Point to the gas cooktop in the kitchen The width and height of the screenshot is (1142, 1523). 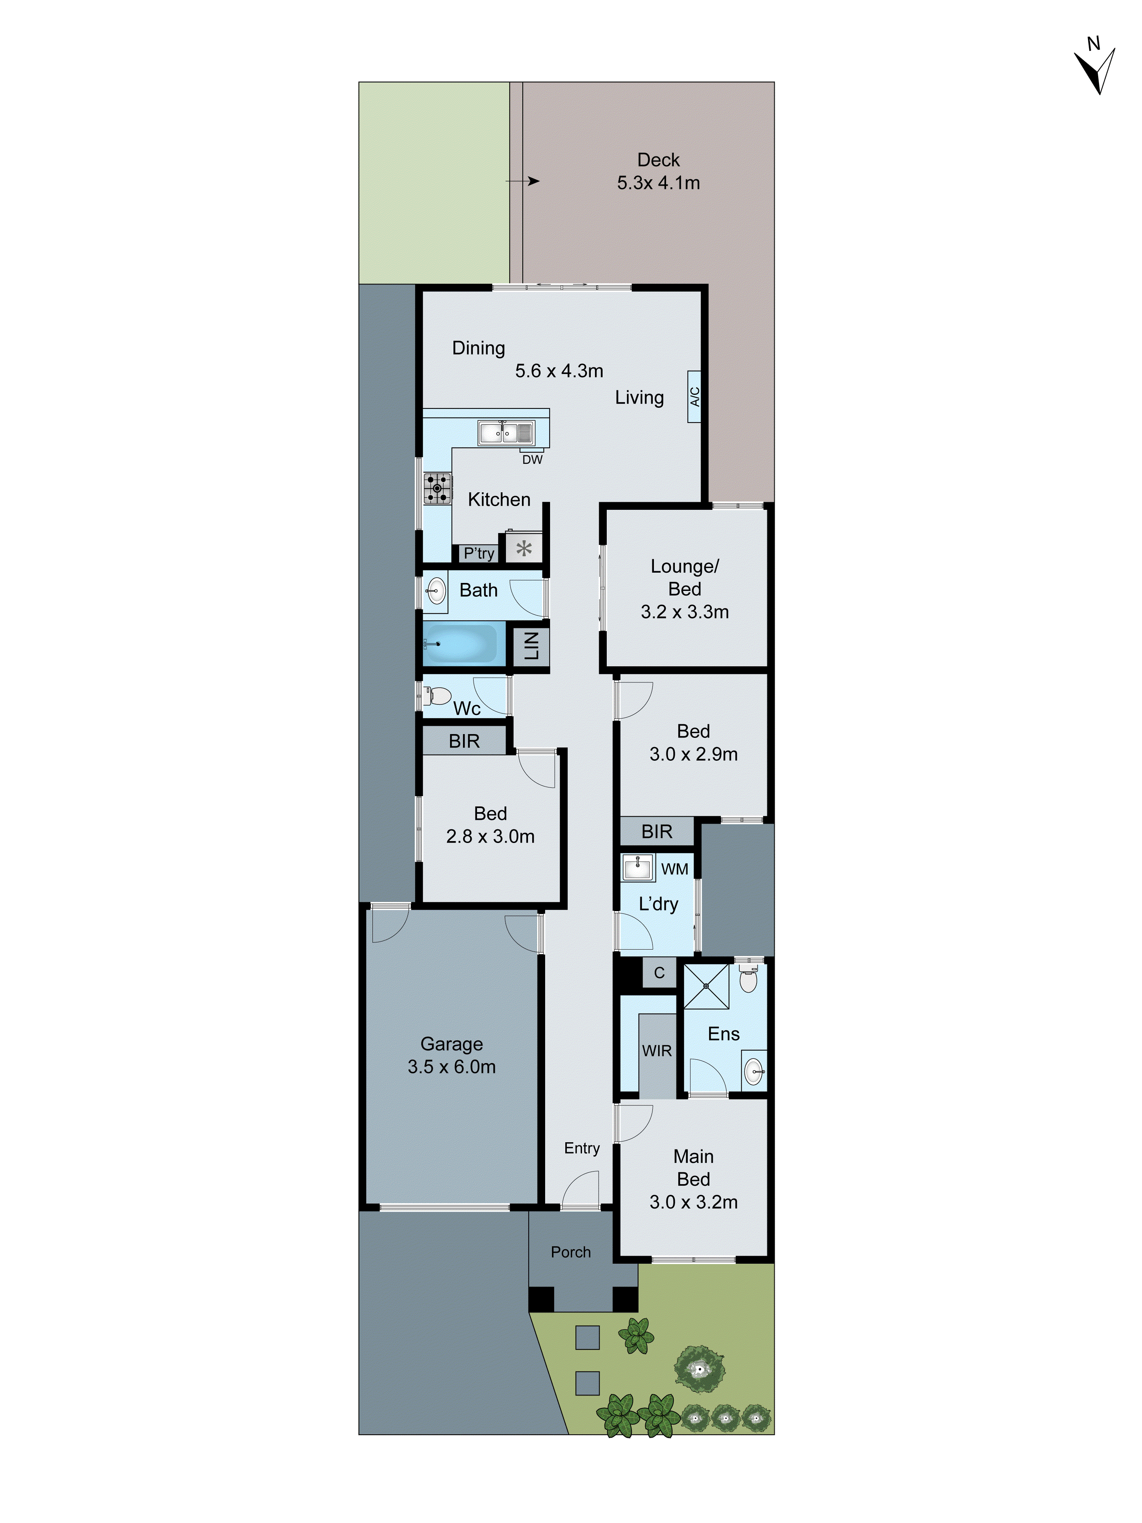[437, 487]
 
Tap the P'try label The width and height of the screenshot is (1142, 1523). [478, 553]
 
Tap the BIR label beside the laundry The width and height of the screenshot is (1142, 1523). [657, 832]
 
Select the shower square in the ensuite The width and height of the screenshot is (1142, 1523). [706, 986]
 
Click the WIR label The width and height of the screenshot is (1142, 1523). [657, 1050]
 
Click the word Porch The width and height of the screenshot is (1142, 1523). [571, 1252]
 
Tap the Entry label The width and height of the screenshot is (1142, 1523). [582, 1148]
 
